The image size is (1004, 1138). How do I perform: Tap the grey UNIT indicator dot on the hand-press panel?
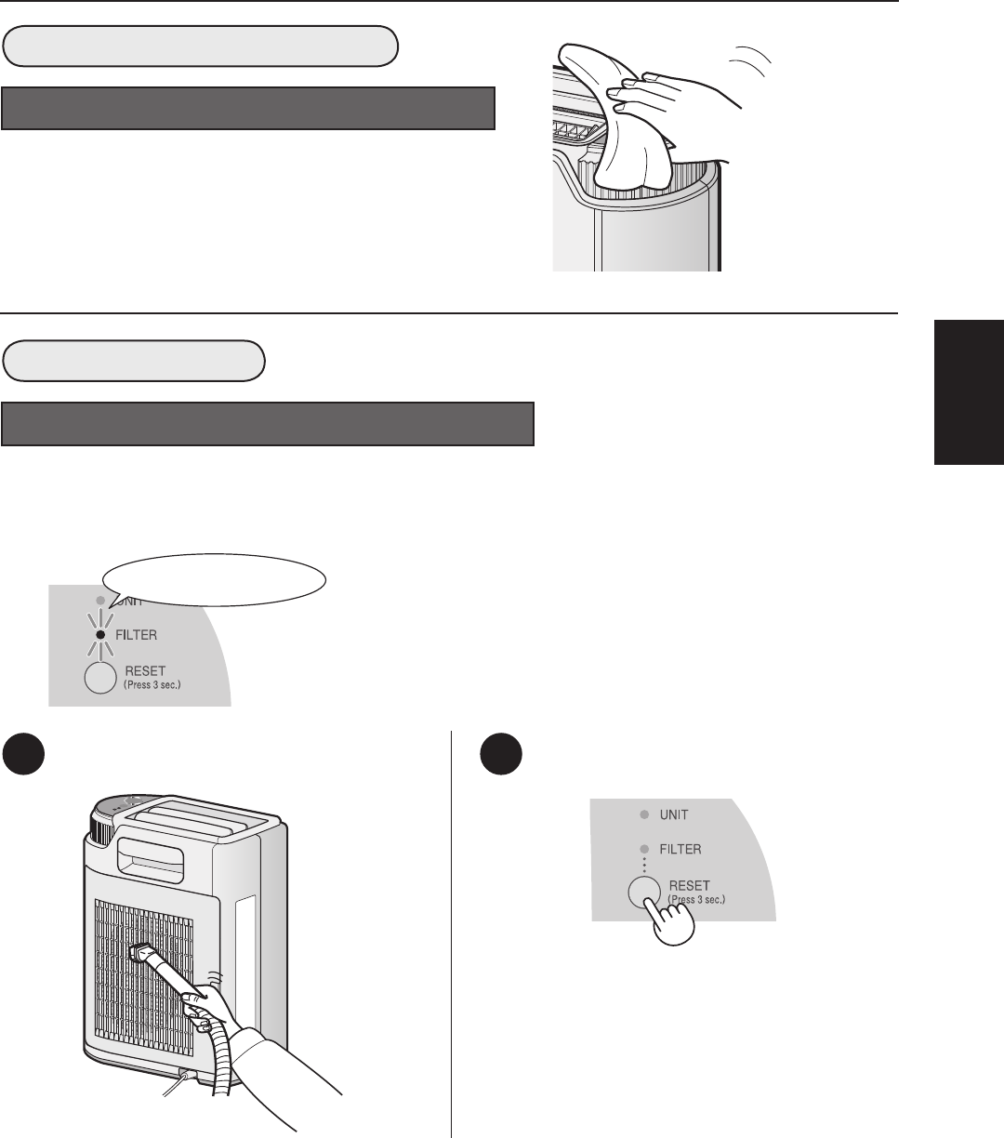pos(644,814)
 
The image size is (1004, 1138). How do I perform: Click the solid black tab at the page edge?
pos(970,391)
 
